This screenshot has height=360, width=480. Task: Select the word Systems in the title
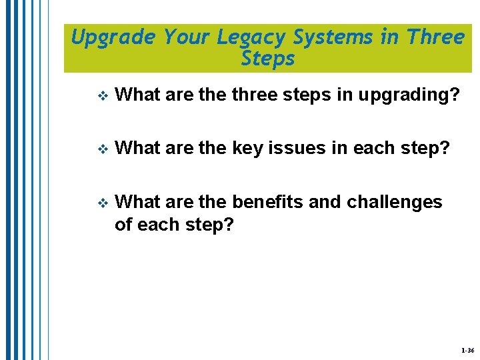(337, 37)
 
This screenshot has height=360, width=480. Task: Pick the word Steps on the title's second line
(268, 59)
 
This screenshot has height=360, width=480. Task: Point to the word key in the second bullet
(246, 148)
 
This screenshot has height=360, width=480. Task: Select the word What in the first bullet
(137, 95)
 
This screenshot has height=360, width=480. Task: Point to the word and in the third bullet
(325, 202)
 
